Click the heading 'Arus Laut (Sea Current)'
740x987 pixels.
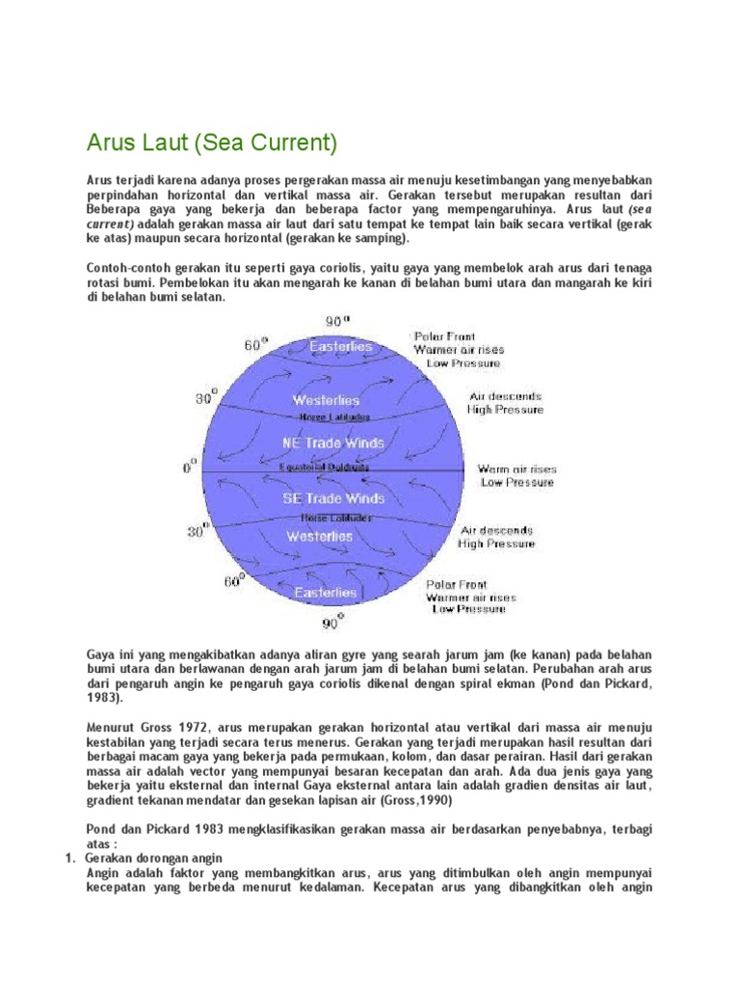point(212,144)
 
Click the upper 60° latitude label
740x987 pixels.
point(256,344)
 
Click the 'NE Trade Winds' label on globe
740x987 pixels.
point(333,443)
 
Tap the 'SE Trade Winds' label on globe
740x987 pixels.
point(333,498)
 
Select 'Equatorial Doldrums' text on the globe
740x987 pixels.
point(324,468)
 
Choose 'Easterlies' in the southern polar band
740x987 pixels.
point(326,593)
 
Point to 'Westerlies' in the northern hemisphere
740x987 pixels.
point(328,400)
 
